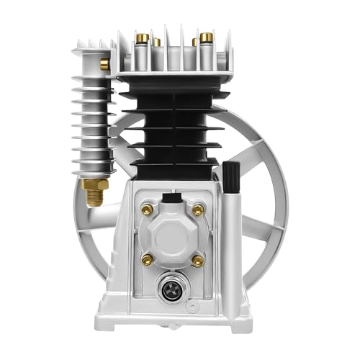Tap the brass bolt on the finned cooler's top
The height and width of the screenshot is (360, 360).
105,64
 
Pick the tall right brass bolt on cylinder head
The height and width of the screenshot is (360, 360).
207,37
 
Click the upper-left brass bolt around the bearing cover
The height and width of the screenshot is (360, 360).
148,210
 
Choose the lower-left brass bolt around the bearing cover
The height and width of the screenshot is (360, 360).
148,257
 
